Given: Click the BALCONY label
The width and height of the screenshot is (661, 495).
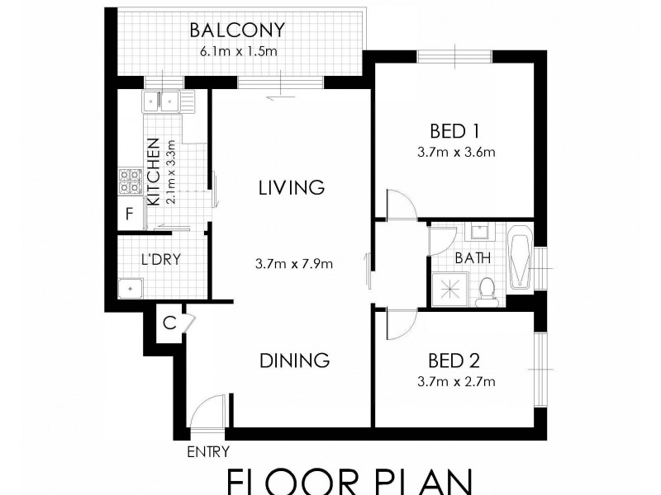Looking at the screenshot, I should [x=236, y=31].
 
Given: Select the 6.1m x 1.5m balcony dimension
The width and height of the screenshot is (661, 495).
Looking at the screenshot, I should [x=236, y=51].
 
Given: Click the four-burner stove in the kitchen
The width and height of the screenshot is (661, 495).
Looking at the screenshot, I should [x=130, y=181].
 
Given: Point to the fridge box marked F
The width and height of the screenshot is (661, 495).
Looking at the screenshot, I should [x=129, y=215].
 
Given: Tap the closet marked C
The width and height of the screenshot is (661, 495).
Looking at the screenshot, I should [x=168, y=323].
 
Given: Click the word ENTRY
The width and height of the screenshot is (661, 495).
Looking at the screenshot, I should [x=208, y=451].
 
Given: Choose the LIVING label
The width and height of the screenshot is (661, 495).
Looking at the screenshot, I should [x=289, y=187].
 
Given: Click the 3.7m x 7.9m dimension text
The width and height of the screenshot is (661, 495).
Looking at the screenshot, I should [x=293, y=264].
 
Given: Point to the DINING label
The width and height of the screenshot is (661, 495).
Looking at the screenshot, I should [x=295, y=361].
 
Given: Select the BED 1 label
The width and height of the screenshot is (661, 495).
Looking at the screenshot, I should [x=455, y=130].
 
